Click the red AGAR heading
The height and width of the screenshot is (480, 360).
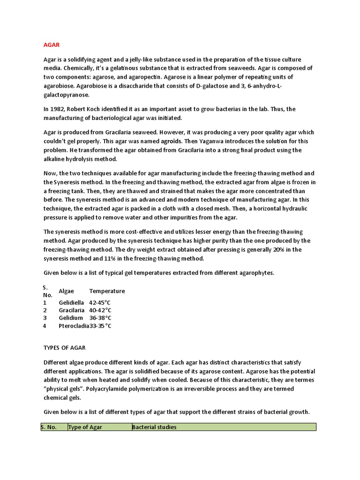tap(51, 45)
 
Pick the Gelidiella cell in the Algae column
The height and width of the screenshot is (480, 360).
tap(72, 303)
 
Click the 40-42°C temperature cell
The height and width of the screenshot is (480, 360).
tap(100, 310)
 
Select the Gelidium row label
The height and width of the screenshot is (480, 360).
tap(71, 318)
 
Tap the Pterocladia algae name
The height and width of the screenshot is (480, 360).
tap(74, 326)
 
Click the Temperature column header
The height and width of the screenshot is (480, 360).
tap(107, 291)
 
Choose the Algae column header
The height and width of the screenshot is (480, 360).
tap(66, 291)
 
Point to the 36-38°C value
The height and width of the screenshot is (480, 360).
tap(100, 318)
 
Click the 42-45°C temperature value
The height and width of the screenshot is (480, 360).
tap(100, 303)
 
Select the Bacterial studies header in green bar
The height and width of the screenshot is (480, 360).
tap(154, 427)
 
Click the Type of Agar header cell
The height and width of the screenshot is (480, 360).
tap(85, 427)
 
